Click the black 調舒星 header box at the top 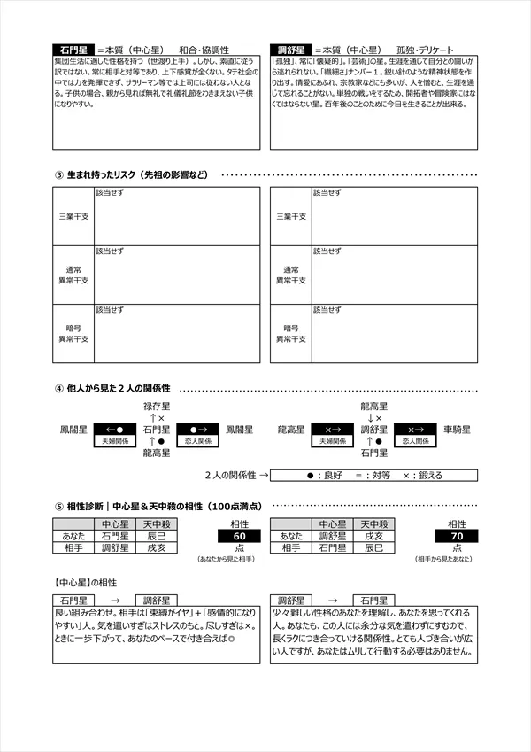coord(292,50)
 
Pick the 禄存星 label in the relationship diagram coord(157,406)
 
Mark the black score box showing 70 coord(457,536)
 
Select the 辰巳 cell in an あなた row coord(156,536)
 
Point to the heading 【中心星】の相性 coord(85,583)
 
